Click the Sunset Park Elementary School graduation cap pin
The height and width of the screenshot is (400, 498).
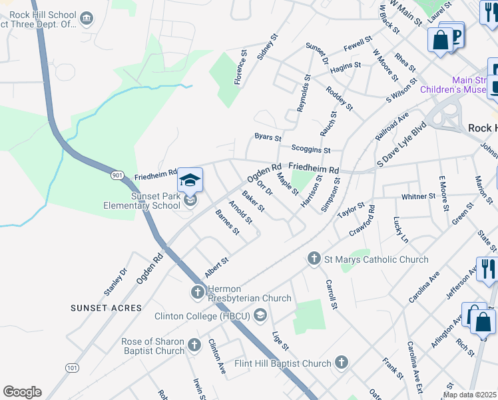tap(190, 181)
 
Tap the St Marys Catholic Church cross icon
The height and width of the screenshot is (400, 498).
tap(314, 258)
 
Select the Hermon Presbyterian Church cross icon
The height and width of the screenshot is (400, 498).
tap(197, 292)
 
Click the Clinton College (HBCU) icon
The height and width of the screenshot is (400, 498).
tap(260, 315)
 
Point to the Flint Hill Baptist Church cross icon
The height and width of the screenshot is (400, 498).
tap(340, 363)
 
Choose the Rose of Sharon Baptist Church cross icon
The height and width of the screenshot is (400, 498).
tap(194, 345)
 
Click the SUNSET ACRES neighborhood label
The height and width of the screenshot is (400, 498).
tap(107, 308)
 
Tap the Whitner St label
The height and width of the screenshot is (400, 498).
tap(418, 197)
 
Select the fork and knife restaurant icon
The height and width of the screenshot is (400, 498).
tap(488, 269)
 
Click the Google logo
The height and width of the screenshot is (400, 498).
tap(22, 392)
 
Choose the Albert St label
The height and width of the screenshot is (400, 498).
tap(216, 268)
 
